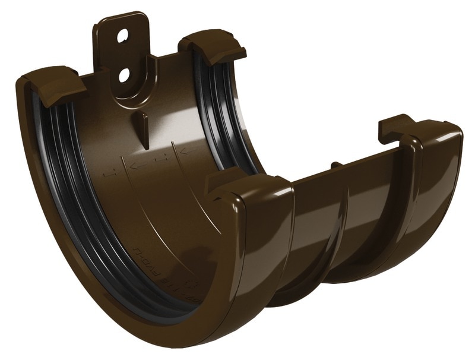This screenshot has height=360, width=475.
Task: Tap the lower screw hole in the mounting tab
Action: [124, 75]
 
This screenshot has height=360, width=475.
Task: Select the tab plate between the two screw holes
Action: [123, 56]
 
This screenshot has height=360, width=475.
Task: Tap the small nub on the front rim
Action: [335, 165]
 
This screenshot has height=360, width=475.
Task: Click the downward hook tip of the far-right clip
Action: [383, 138]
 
